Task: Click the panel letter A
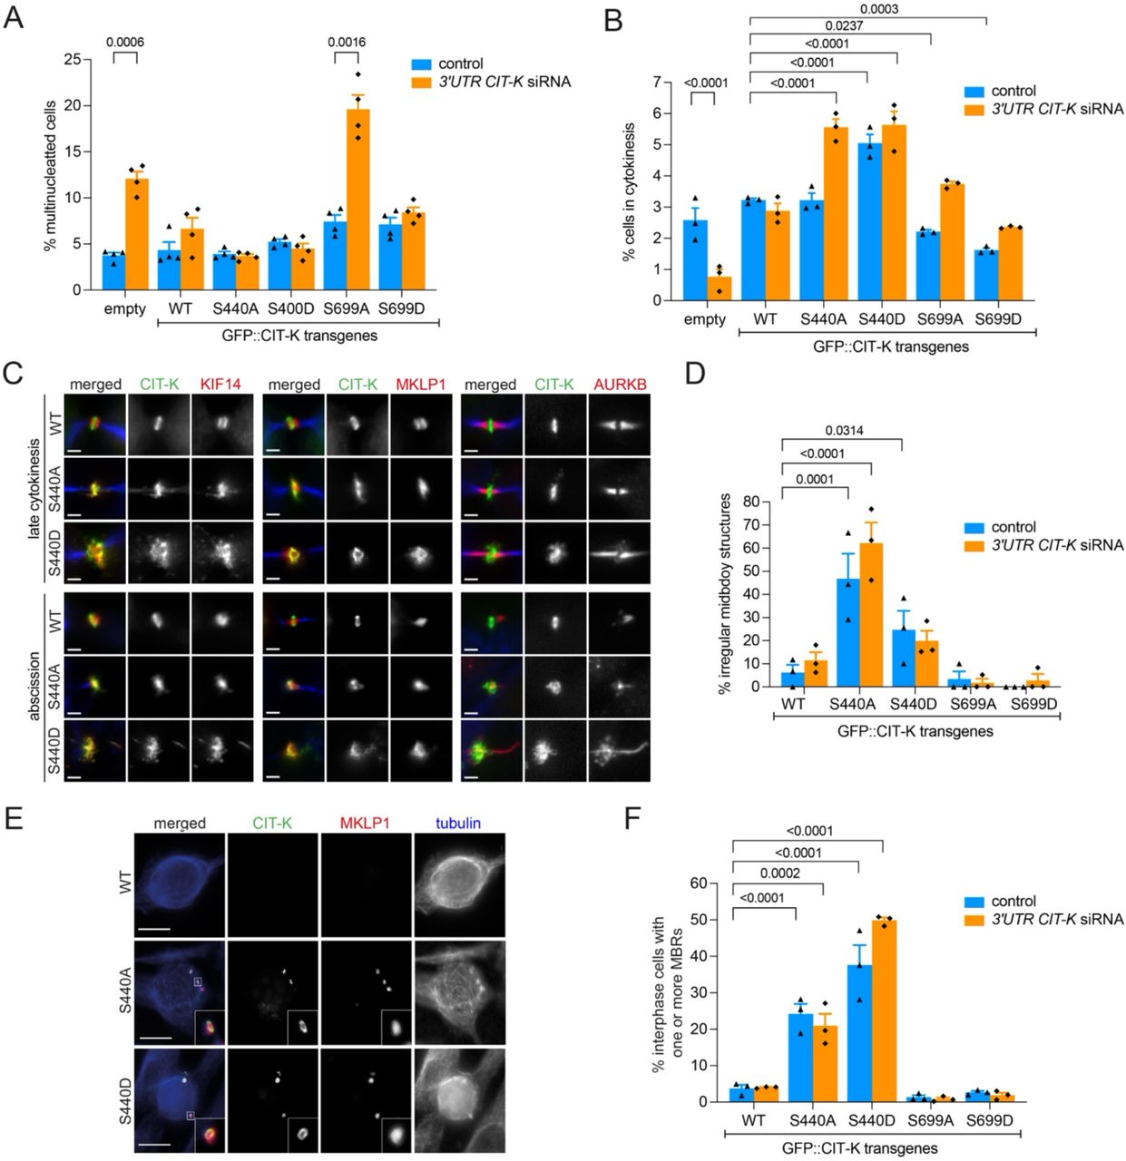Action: (x=14, y=19)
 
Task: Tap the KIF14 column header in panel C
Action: (x=222, y=385)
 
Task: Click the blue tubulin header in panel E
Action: (x=458, y=824)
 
